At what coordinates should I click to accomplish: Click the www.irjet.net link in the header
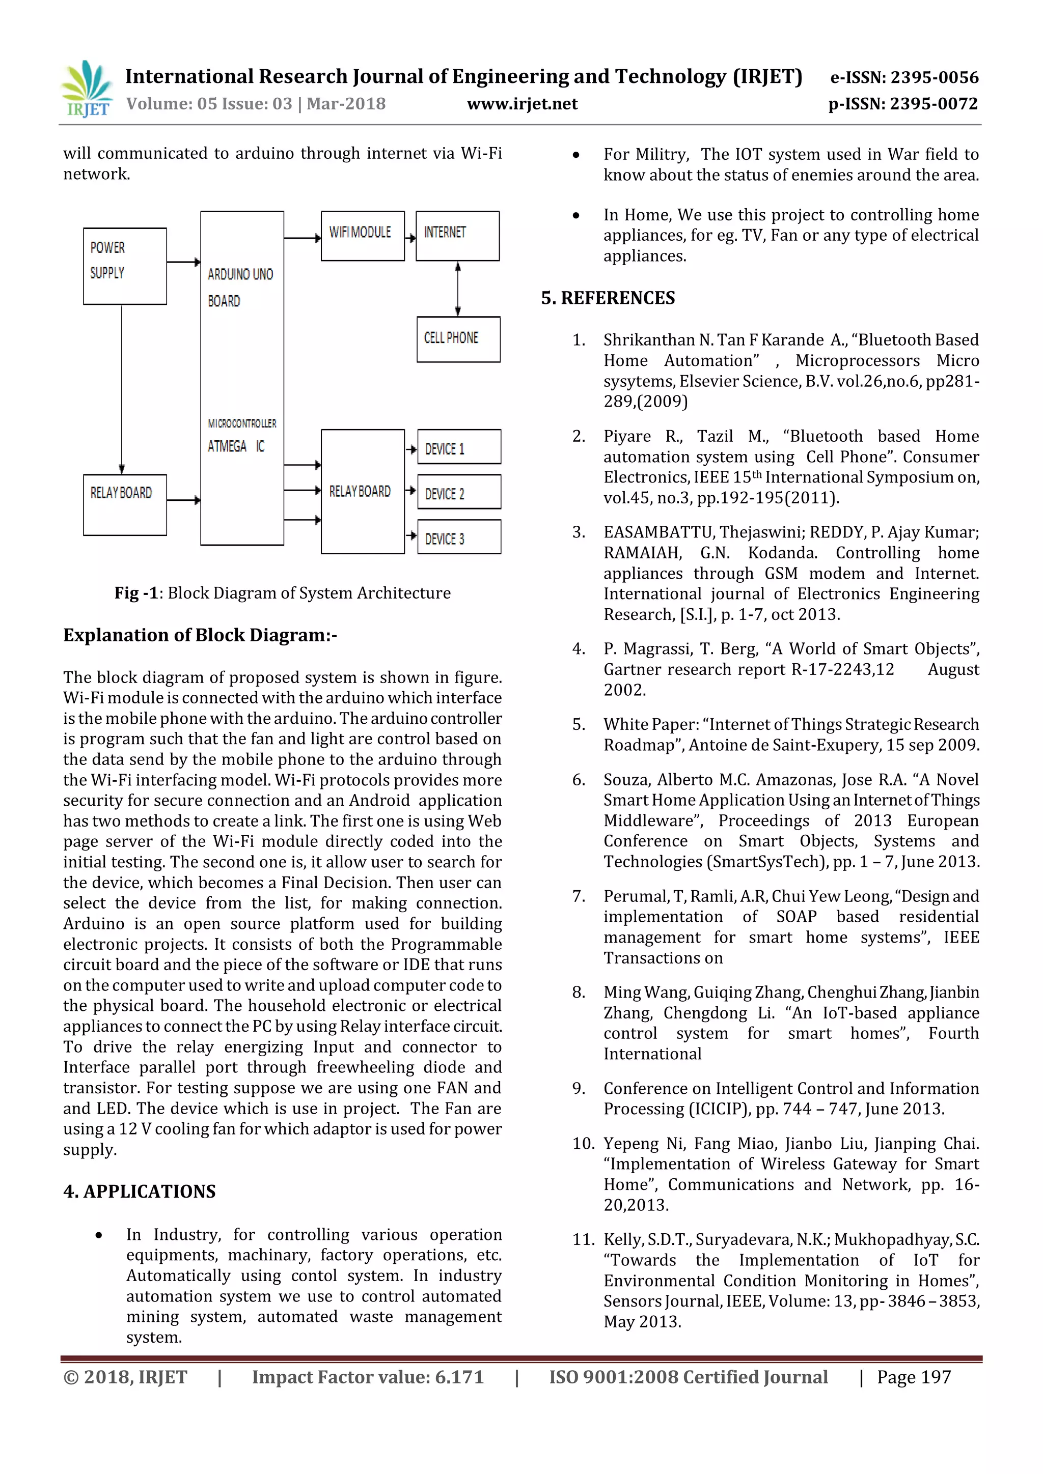(x=521, y=104)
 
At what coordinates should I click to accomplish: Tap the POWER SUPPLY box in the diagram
(x=125, y=266)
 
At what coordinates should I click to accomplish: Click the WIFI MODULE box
(x=362, y=236)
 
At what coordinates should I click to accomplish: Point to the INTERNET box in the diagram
(x=457, y=236)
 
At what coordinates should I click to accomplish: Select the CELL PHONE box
(x=458, y=339)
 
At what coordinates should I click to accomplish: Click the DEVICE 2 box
(x=458, y=492)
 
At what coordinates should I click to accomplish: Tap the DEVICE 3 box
(x=458, y=537)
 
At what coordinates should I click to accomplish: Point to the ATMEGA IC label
(x=236, y=446)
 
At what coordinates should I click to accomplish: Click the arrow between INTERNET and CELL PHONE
(x=458, y=289)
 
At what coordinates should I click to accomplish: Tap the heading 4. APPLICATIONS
(x=140, y=1191)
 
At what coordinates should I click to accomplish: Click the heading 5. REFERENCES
(x=608, y=298)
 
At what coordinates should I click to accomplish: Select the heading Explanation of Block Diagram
(x=200, y=635)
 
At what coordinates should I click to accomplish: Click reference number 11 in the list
(x=583, y=1239)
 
